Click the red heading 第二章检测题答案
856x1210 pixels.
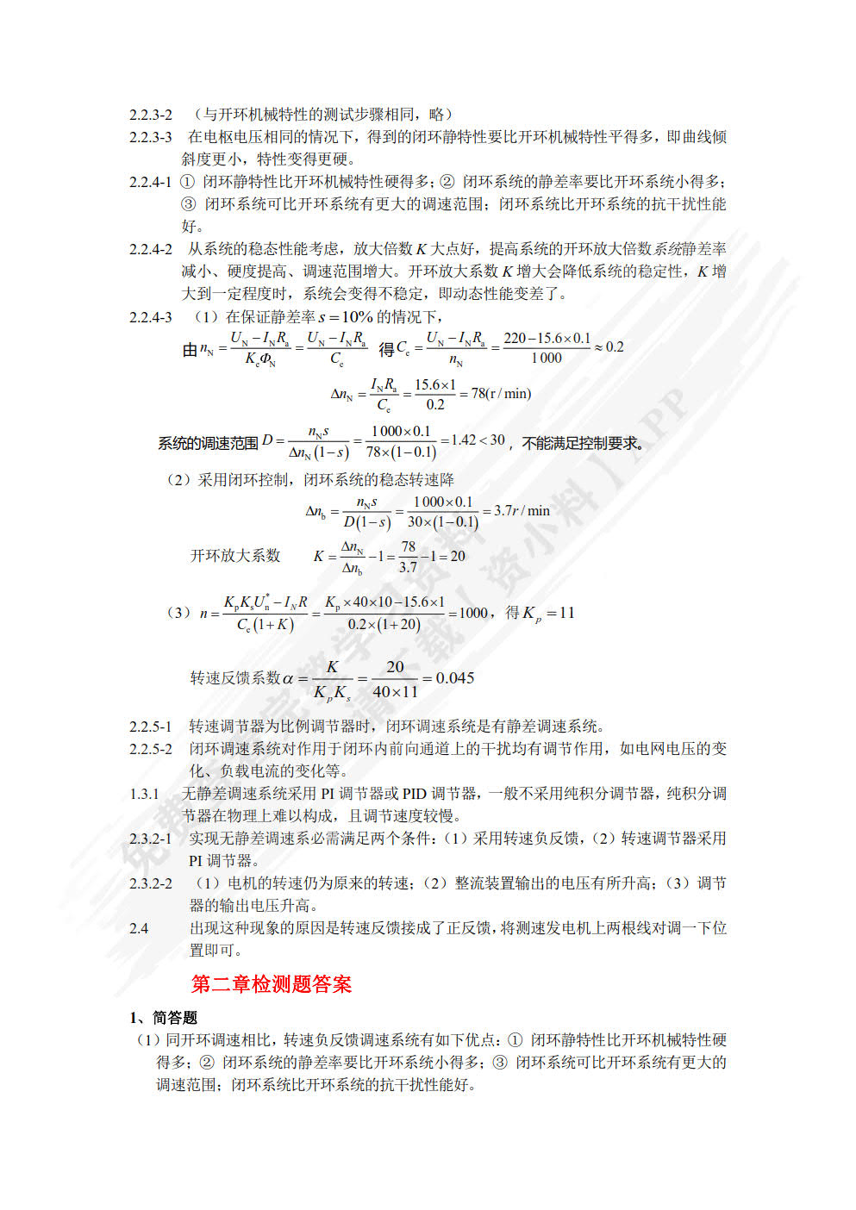pyautogui.click(x=271, y=984)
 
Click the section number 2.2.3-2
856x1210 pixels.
pyautogui.click(x=151, y=115)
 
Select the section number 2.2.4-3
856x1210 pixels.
pyautogui.click(x=151, y=317)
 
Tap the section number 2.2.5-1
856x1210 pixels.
pyautogui.click(x=151, y=727)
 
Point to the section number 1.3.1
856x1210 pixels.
pyautogui.click(x=144, y=794)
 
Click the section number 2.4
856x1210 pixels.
pyautogui.click(x=139, y=928)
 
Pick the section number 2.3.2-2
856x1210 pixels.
pyautogui.click(x=151, y=883)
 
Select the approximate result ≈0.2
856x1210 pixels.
pyautogui.click(x=609, y=347)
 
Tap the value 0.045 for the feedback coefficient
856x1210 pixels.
pyautogui.click(x=454, y=678)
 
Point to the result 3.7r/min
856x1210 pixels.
pyautogui.click(x=522, y=511)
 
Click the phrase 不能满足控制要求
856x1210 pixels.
pyautogui.click(x=582, y=443)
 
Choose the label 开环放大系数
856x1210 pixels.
pyautogui.click(x=235, y=556)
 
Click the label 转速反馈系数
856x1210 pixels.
pyautogui.click(x=235, y=678)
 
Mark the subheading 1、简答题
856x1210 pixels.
pyautogui.click(x=164, y=1018)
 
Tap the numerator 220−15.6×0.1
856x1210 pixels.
pyautogui.click(x=547, y=338)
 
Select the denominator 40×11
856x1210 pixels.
pyautogui.click(x=395, y=691)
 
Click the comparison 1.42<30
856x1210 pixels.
pyautogui.click(x=478, y=440)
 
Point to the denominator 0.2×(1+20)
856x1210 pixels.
pyautogui.click(x=384, y=624)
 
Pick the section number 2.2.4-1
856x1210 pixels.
pyautogui.click(x=151, y=182)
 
